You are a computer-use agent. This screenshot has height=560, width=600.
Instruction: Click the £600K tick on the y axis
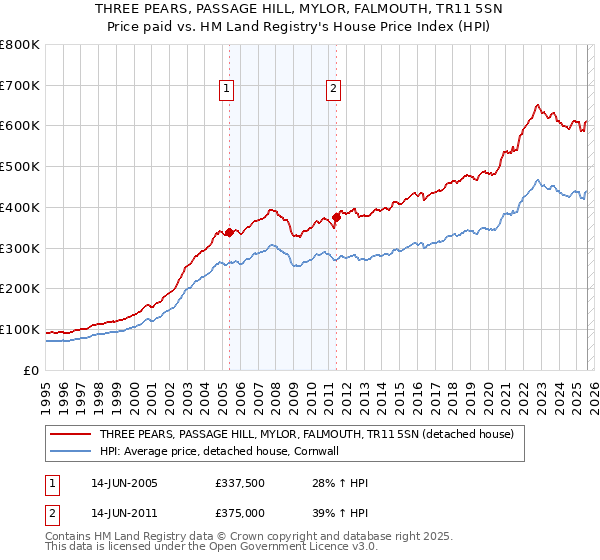[x=20, y=126]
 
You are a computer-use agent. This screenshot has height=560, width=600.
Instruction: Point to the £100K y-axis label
[x=20, y=330]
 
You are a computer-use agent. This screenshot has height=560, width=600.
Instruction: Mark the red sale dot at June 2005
[x=229, y=232]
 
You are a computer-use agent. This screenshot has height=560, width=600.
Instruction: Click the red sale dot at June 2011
[x=336, y=217]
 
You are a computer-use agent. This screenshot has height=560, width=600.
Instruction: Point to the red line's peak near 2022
[x=538, y=104]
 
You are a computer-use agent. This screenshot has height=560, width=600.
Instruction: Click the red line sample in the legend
[x=71, y=435]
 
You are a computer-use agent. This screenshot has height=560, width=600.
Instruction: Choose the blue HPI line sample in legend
[x=71, y=452]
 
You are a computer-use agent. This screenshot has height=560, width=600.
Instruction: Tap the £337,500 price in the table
[x=239, y=483]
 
